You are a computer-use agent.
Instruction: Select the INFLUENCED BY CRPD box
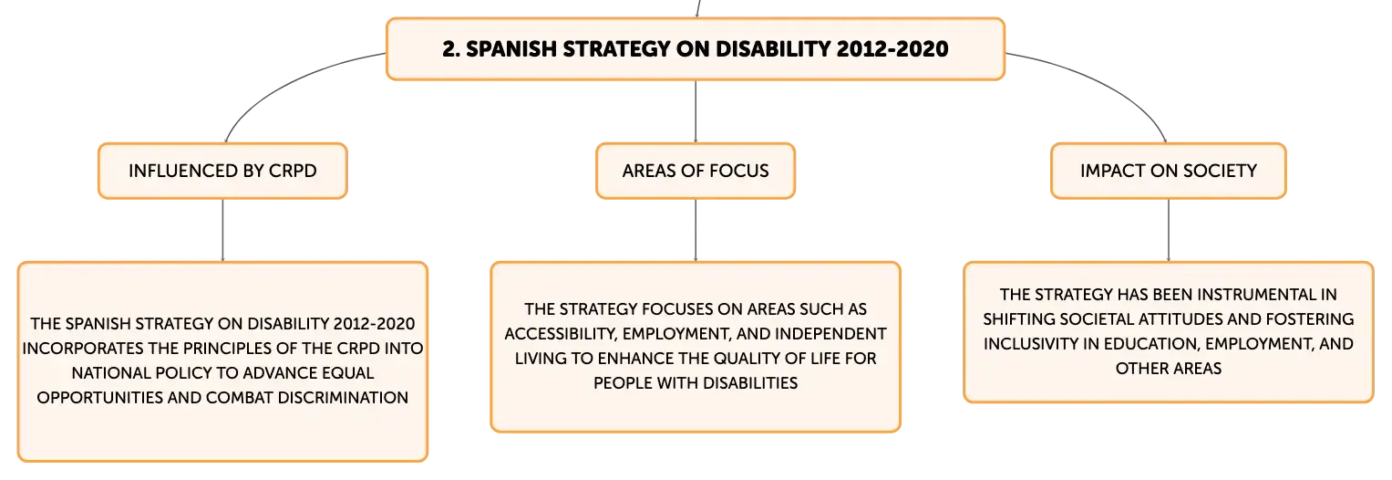click(x=222, y=171)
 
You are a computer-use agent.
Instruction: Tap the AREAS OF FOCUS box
click(x=696, y=171)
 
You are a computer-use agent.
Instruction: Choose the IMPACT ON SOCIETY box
click(x=1169, y=171)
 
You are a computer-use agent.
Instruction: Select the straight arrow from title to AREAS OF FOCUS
click(x=696, y=112)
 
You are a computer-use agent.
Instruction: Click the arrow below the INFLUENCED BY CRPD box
click(x=222, y=230)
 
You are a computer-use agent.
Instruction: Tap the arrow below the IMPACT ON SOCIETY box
click(x=1169, y=230)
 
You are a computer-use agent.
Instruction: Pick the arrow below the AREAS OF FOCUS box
click(x=696, y=230)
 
